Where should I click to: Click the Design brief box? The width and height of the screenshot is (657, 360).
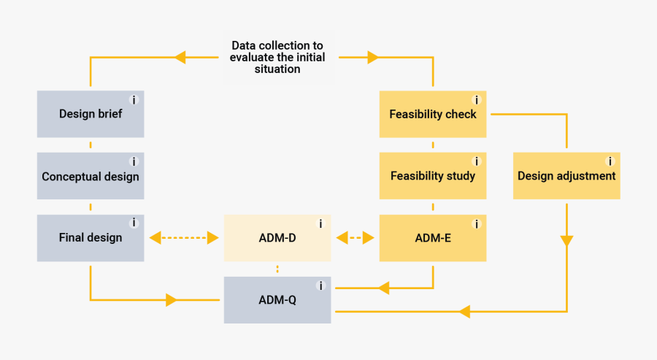(91, 114)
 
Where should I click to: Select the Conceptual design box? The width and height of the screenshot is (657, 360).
(91, 176)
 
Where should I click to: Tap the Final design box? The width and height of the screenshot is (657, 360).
(91, 237)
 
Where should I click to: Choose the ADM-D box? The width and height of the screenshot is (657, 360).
(277, 237)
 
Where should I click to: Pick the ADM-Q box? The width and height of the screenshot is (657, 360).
(277, 299)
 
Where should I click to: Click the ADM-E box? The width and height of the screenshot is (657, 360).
(433, 237)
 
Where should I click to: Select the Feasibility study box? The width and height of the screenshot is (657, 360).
(433, 176)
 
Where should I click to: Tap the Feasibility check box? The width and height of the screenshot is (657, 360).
(433, 114)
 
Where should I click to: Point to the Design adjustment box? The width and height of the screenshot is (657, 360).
(566, 176)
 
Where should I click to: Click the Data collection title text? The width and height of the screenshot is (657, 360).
(277, 57)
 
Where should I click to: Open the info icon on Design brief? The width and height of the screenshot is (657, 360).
(134, 100)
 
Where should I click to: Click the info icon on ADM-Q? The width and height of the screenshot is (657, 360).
(320, 286)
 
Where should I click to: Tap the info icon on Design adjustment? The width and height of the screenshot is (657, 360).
(610, 161)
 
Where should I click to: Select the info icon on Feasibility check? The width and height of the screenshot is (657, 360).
(477, 100)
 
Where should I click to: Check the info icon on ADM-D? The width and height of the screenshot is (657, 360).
(320, 223)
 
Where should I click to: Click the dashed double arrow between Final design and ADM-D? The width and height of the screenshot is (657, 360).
(184, 237)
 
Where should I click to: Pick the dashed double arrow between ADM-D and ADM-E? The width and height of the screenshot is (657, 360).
(356, 237)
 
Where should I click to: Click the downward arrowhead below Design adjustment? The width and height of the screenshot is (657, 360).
(566, 241)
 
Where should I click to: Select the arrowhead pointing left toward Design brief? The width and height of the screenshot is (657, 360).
(180, 57)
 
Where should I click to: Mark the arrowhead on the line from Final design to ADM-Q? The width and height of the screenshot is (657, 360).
(172, 299)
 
